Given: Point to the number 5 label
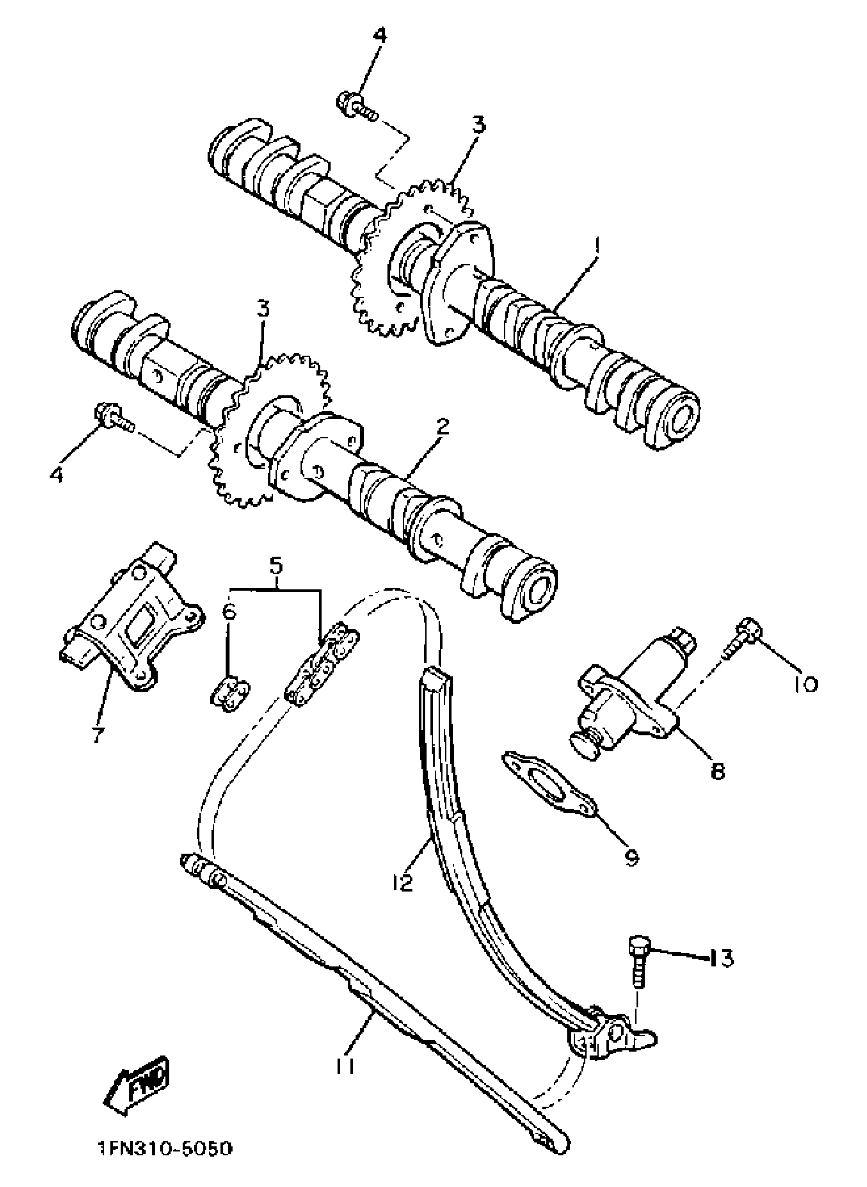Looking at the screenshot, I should tap(276, 566).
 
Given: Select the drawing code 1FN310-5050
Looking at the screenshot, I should tap(164, 1160).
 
